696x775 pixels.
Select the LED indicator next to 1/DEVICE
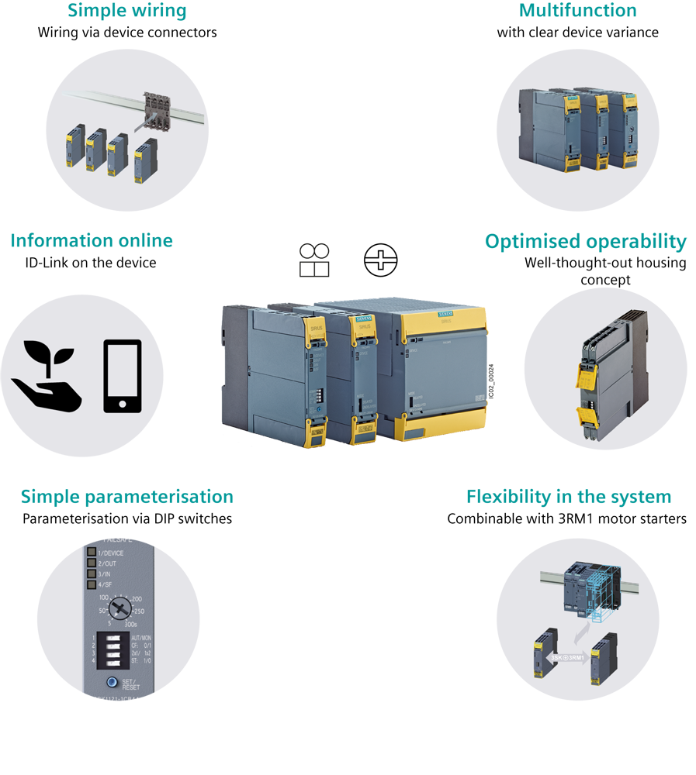point(91,553)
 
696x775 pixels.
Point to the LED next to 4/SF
point(91,584)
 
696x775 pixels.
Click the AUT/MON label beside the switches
point(141,638)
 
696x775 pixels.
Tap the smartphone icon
point(122,376)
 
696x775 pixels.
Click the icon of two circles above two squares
point(314,260)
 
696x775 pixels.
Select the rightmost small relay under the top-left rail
point(144,162)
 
